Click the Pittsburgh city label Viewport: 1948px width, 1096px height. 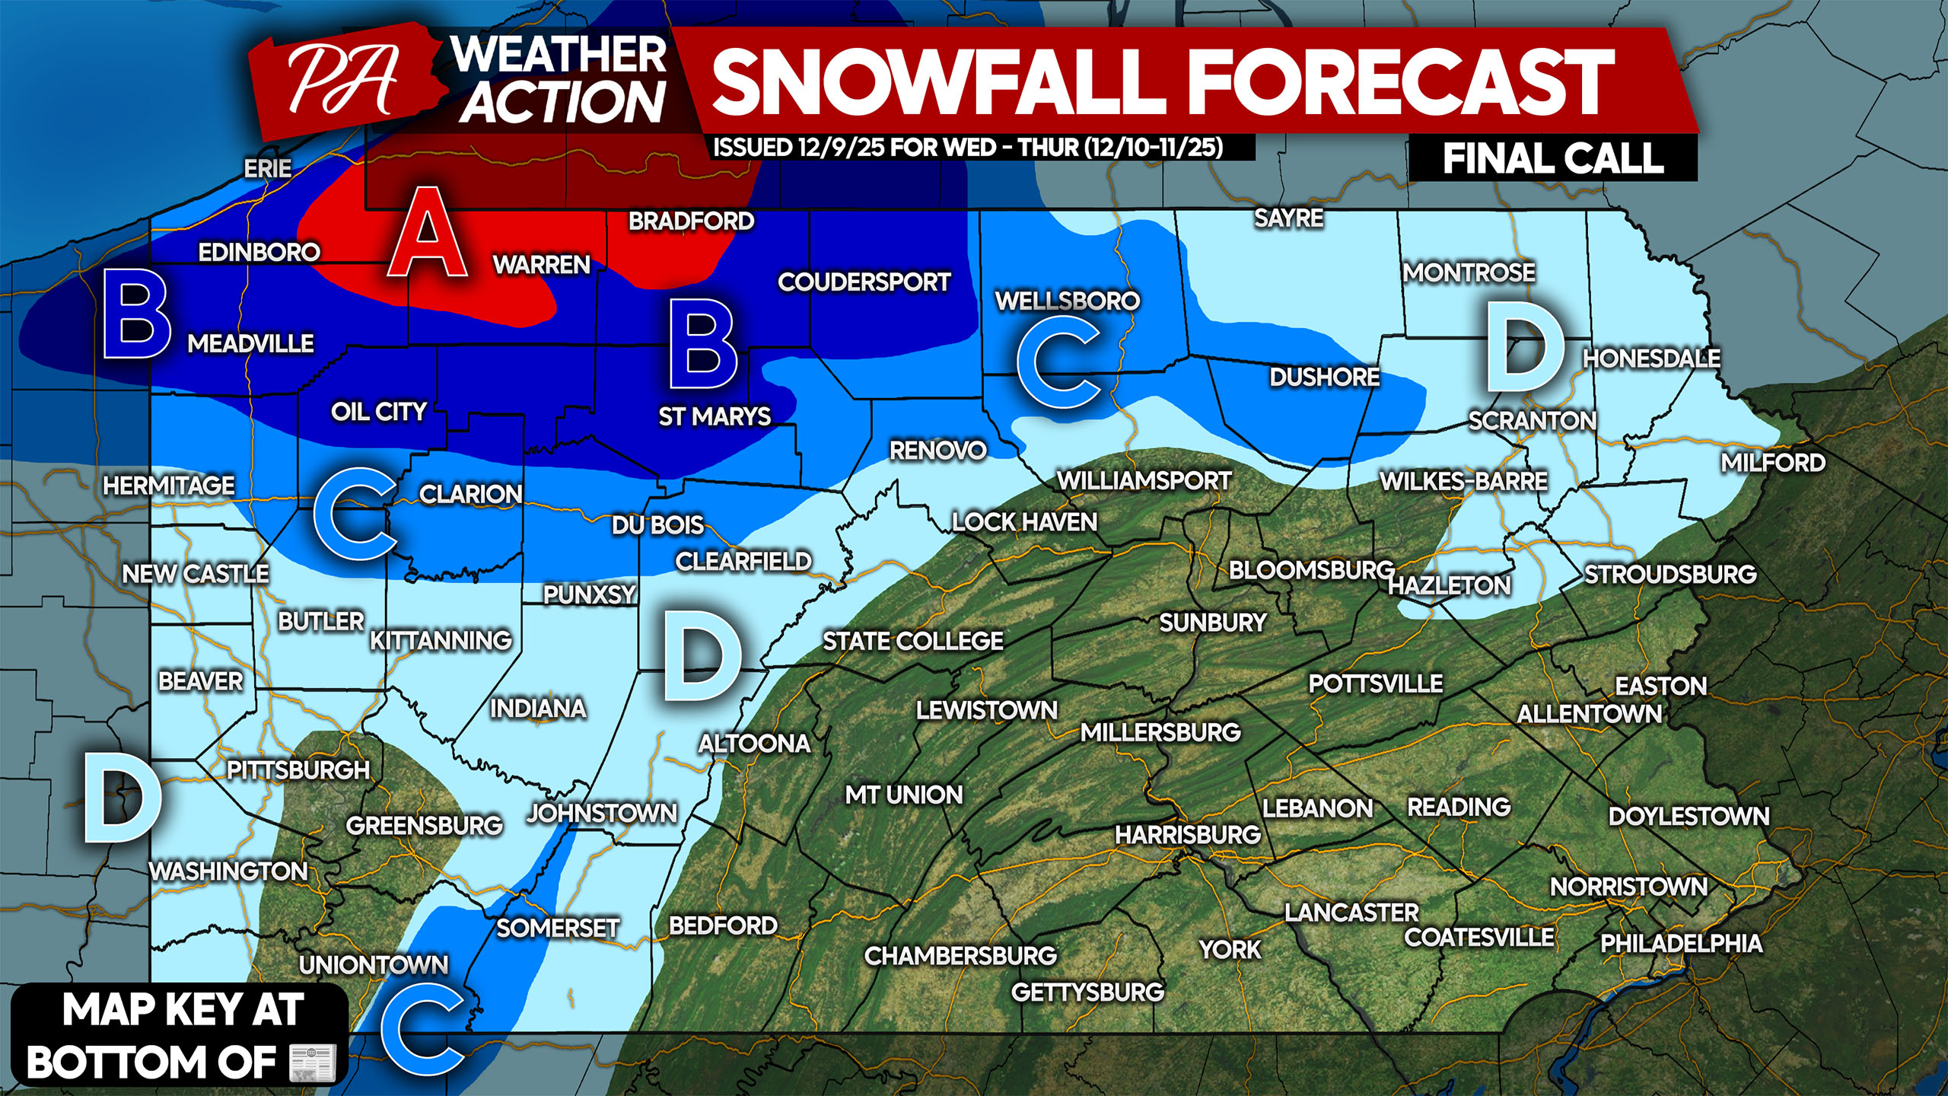click(298, 769)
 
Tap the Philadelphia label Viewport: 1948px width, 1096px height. click(1681, 943)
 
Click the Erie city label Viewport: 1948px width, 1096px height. click(267, 168)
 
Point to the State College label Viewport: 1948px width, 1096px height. click(912, 641)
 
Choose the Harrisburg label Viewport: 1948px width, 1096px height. click(1188, 835)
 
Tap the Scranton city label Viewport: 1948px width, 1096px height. click(1532, 420)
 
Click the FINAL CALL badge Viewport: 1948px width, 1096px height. click(1552, 159)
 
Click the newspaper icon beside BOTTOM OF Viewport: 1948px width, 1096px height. click(313, 1063)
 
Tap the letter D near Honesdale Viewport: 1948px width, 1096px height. click(1524, 347)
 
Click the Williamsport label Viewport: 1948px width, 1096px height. click(1144, 480)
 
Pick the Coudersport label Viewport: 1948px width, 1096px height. click(864, 282)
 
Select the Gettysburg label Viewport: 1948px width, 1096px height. click(1087, 992)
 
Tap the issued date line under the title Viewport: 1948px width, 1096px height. click(968, 147)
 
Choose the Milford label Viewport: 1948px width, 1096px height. click(1772, 462)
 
